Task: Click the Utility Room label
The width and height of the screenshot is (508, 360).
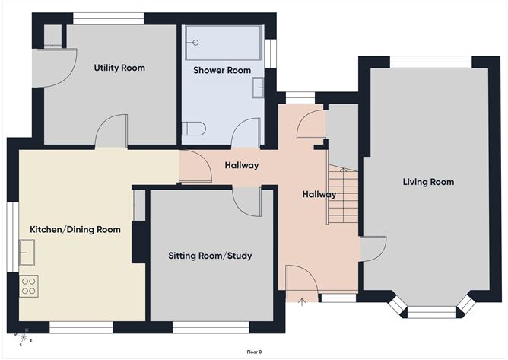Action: [x=119, y=68]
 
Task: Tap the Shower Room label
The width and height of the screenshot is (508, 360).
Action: [x=221, y=70]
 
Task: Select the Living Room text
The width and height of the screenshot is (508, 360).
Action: [x=428, y=182]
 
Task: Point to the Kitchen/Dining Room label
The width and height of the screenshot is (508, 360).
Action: [x=75, y=229]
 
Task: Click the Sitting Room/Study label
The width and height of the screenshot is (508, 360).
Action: [x=210, y=256]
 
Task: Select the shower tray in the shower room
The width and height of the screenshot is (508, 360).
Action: [x=223, y=44]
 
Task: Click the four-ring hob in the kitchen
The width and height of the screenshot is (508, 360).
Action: [x=28, y=286]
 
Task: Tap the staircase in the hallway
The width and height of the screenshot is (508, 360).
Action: [x=342, y=196]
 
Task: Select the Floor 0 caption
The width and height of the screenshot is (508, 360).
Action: [x=253, y=352]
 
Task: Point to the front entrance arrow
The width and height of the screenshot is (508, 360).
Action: [x=302, y=304]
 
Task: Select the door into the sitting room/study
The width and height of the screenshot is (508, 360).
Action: [x=246, y=202]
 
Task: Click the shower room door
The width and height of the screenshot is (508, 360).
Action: [x=246, y=133]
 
